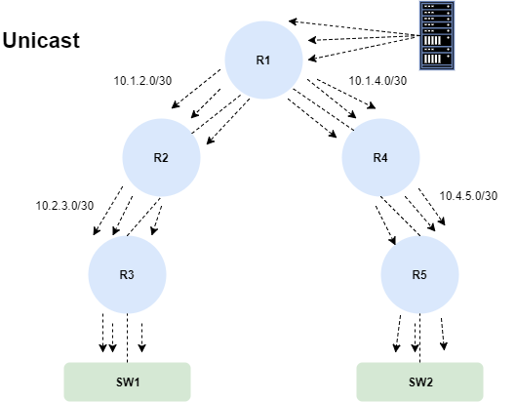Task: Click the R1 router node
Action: tap(263, 60)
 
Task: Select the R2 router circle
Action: tap(161, 157)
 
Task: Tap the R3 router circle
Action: tap(127, 274)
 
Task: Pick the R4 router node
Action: tap(380, 157)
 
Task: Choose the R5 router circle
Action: tap(419, 274)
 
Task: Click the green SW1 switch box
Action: tap(128, 382)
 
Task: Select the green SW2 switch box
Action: tap(419, 382)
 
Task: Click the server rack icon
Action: tap(437, 35)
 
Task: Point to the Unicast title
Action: tap(41, 41)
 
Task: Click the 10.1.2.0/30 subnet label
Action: tap(142, 81)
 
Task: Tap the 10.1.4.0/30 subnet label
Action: tap(377, 81)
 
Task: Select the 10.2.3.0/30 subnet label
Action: tap(64, 206)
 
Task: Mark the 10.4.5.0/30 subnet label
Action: tap(468, 196)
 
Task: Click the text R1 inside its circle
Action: tap(263, 60)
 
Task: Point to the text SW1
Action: tap(128, 382)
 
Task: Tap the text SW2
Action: tap(420, 382)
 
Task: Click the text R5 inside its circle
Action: tap(419, 274)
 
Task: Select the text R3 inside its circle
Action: tap(127, 274)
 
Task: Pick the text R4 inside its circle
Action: tap(380, 158)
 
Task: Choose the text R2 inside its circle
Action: tap(161, 158)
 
